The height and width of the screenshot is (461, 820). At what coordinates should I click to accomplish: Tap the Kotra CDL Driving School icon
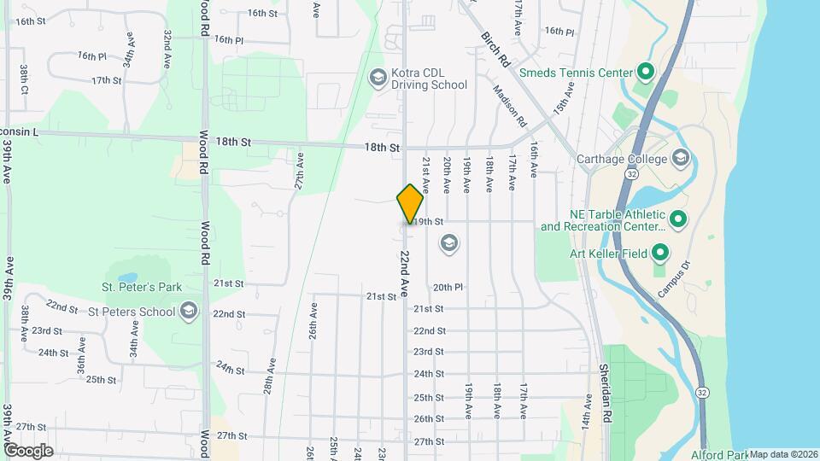pyautogui.click(x=377, y=79)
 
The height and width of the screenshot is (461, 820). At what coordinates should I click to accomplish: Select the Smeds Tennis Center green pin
pyautogui.click(x=646, y=73)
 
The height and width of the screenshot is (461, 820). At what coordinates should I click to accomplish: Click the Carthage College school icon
pyautogui.click(x=680, y=159)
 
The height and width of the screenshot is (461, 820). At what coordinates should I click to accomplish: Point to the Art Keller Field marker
pyautogui.click(x=660, y=253)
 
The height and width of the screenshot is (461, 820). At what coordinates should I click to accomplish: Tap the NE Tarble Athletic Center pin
pyautogui.click(x=678, y=220)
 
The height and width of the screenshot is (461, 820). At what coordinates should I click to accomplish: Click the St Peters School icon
pyautogui.click(x=190, y=312)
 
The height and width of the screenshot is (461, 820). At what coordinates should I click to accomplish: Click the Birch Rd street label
pyautogui.click(x=495, y=50)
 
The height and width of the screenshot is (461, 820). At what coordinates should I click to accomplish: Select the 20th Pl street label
pyautogui.click(x=448, y=288)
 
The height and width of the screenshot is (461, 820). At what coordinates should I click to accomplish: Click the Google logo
pyautogui.click(x=28, y=450)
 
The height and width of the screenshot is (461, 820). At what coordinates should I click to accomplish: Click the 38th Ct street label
pyautogui.click(x=25, y=79)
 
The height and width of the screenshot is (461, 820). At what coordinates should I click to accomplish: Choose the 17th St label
pyautogui.click(x=107, y=80)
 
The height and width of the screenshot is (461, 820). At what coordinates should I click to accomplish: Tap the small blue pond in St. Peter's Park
pyautogui.click(x=128, y=278)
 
